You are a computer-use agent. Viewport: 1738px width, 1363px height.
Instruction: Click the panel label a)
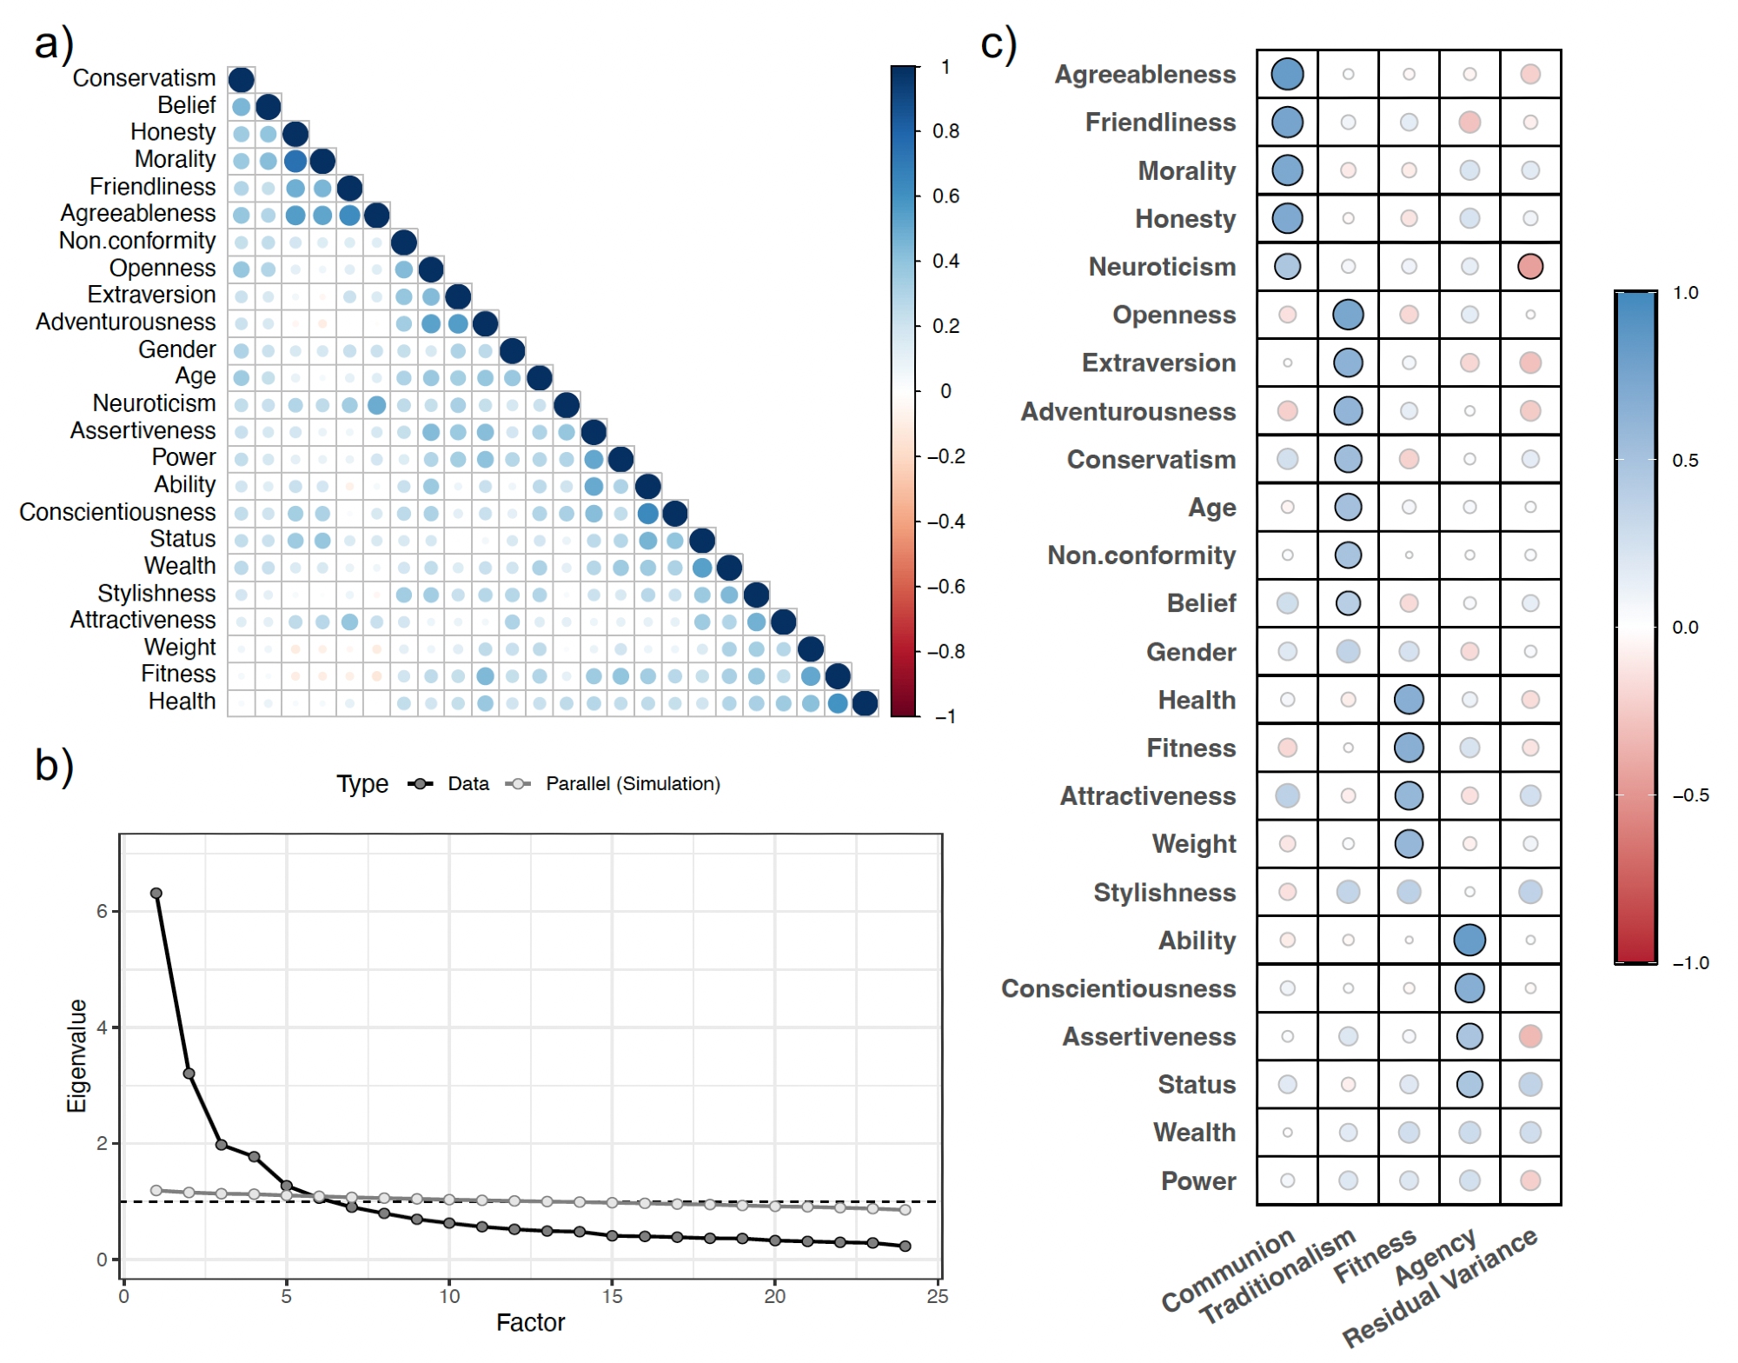(x=54, y=43)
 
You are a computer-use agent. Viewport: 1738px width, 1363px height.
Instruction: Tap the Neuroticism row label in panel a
(x=154, y=403)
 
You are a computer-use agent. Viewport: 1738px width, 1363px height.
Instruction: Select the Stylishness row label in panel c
(x=1164, y=893)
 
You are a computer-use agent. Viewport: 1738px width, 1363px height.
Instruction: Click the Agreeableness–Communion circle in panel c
(x=1287, y=75)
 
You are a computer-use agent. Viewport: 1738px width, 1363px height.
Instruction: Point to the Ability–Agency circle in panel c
(x=1469, y=940)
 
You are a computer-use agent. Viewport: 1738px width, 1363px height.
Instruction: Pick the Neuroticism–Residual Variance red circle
(x=1530, y=267)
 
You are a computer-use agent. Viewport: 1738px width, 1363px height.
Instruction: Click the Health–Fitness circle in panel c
(x=1409, y=700)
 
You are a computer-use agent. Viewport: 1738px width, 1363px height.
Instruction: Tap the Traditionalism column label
(x=1277, y=1276)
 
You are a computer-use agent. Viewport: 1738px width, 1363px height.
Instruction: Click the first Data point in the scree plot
(x=156, y=894)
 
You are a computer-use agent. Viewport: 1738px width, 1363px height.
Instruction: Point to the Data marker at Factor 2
(x=189, y=1074)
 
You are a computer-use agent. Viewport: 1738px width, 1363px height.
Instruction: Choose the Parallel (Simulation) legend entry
(x=632, y=784)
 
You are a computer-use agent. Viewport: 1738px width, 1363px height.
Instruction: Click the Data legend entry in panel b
(x=468, y=784)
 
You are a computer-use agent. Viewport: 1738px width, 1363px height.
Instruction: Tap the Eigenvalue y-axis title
(x=77, y=1055)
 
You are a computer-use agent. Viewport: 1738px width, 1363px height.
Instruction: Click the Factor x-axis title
(x=530, y=1323)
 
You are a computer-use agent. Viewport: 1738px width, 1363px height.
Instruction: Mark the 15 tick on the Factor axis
(x=612, y=1296)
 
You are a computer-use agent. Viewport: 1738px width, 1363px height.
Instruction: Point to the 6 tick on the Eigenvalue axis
(x=102, y=911)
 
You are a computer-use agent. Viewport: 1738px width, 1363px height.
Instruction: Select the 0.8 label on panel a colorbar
(x=945, y=131)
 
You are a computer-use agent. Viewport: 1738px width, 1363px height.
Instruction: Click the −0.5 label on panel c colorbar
(x=1690, y=795)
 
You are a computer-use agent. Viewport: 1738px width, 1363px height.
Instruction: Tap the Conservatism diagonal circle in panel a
(x=241, y=80)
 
